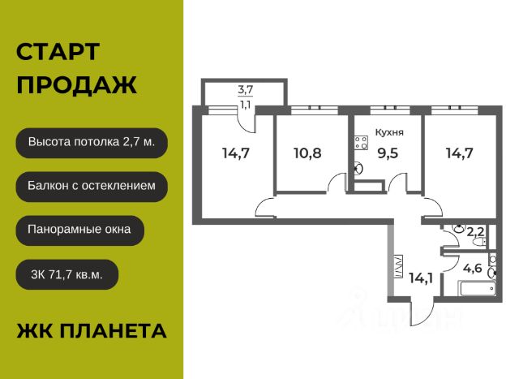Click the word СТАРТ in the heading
coord(58,53)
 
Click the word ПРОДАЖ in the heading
coord(76,85)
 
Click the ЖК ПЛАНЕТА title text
coord(92,330)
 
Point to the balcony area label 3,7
coord(245,89)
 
